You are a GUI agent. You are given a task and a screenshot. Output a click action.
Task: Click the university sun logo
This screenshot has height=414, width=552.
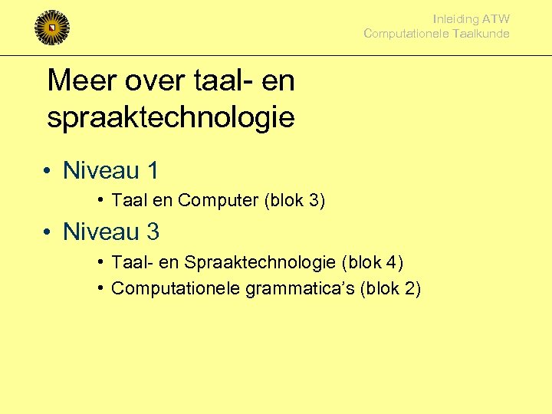point(52,28)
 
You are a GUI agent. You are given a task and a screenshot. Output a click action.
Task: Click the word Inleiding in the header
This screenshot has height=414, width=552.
point(455,19)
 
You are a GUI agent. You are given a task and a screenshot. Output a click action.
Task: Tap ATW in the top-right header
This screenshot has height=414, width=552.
point(496,19)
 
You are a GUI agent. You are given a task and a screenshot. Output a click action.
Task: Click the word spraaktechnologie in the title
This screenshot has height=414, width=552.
point(170,117)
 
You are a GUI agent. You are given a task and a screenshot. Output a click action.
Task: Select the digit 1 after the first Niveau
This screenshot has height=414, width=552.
point(152,170)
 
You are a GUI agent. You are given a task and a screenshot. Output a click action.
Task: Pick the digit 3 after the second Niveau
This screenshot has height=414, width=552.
point(152,231)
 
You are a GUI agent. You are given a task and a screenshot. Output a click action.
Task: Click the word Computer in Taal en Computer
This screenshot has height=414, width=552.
point(219,201)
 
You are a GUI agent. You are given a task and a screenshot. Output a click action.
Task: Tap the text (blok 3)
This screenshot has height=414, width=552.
point(294,201)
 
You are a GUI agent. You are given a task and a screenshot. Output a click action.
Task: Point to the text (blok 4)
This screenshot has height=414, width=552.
point(373,263)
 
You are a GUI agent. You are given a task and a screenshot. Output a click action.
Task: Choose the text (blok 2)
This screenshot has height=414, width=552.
point(390,289)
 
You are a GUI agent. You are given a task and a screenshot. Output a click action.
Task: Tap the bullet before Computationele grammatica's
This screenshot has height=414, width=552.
point(101,288)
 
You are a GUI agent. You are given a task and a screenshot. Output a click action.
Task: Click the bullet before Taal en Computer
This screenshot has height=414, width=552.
point(101,200)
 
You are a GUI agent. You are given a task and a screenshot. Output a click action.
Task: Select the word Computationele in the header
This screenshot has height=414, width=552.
point(400,34)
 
